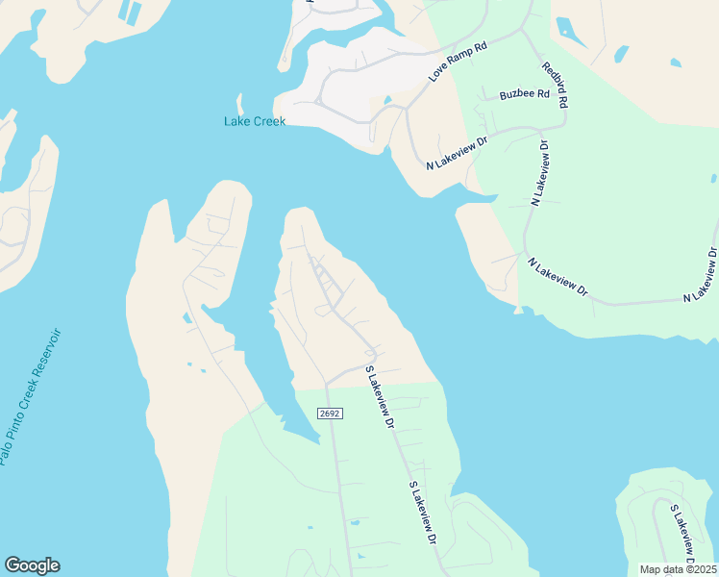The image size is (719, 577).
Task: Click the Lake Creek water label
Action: (255, 121)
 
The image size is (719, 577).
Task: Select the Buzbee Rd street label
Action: (524, 95)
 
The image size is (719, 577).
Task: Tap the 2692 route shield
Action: (330, 413)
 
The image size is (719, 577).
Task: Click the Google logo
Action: (32, 565)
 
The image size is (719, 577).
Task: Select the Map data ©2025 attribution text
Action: (679, 569)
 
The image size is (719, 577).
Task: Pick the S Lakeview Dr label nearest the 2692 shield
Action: (379, 397)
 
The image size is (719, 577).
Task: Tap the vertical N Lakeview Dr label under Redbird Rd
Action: (539, 174)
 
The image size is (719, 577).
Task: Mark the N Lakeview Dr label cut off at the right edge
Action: (701, 276)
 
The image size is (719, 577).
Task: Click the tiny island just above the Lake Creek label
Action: (239, 103)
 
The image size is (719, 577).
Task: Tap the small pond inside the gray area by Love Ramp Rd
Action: (386, 99)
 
